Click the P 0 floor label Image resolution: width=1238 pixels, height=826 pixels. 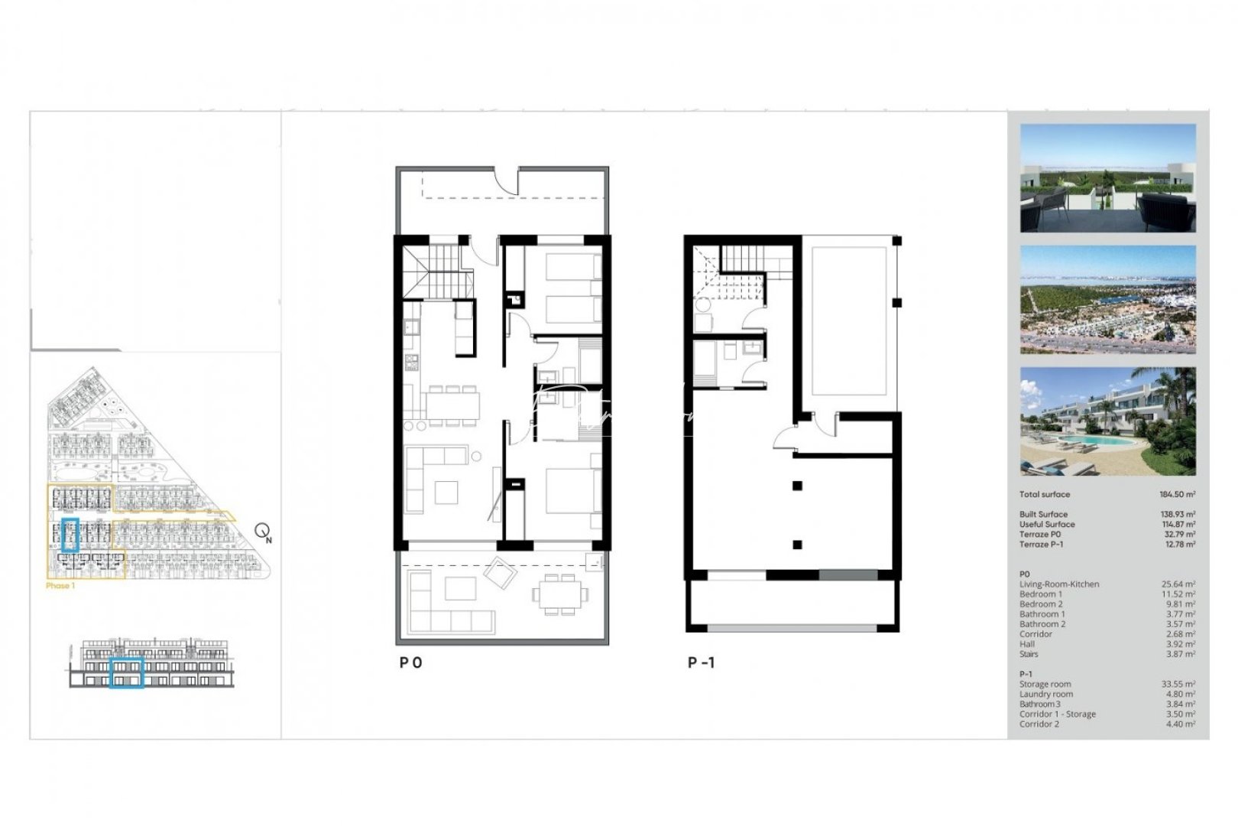(x=410, y=662)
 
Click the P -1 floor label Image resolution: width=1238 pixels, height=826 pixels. (x=701, y=662)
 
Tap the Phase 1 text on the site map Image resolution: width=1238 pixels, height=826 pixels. (x=60, y=586)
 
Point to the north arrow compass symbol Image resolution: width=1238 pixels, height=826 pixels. (x=263, y=532)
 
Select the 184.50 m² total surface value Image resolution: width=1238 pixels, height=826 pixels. (x=1178, y=495)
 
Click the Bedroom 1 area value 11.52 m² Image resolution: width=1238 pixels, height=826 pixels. (x=1178, y=594)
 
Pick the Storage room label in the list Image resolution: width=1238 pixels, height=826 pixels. (x=1045, y=685)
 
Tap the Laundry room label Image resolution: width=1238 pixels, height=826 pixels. (x=1045, y=694)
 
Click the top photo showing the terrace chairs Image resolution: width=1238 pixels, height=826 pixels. (x=1107, y=178)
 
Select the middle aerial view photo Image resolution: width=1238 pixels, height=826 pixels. (x=1107, y=299)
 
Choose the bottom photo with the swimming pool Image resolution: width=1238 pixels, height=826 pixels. (x=1107, y=421)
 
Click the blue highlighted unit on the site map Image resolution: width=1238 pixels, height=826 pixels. (x=70, y=535)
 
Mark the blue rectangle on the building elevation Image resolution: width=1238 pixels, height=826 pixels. (x=127, y=672)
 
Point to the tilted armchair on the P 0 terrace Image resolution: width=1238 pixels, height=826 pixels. (x=500, y=572)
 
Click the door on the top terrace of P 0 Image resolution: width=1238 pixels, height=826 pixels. (x=505, y=180)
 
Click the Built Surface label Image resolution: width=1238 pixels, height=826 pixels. (x=1043, y=515)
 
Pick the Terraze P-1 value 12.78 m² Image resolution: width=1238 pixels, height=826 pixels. (x=1178, y=545)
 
